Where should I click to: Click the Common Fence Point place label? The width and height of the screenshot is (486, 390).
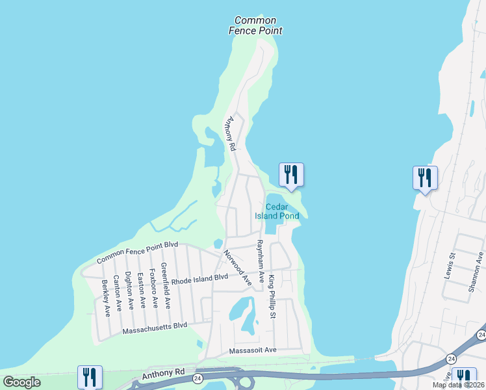tap(255, 25)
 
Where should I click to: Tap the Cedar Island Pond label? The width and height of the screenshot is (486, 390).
tap(281, 211)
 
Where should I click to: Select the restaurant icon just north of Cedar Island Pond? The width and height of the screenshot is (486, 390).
tap(291, 175)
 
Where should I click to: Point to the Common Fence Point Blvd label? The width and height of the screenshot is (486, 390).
tap(137, 252)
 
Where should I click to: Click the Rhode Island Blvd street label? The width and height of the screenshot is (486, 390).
tap(199, 278)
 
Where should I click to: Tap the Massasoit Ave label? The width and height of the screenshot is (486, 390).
tap(253, 350)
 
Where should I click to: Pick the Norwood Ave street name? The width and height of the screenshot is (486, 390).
tap(237, 268)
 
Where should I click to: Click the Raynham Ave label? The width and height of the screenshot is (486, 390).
tap(260, 261)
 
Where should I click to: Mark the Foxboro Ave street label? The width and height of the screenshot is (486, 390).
tap(153, 288)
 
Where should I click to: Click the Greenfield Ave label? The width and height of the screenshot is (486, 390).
tap(166, 285)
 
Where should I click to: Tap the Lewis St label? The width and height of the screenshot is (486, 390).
tap(449, 265)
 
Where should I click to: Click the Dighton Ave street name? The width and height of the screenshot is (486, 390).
tap(129, 291)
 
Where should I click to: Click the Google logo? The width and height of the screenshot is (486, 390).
tap(22, 382)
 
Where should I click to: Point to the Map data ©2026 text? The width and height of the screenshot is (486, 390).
tap(458, 385)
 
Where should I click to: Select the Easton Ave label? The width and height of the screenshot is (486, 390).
tap(141, 290)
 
